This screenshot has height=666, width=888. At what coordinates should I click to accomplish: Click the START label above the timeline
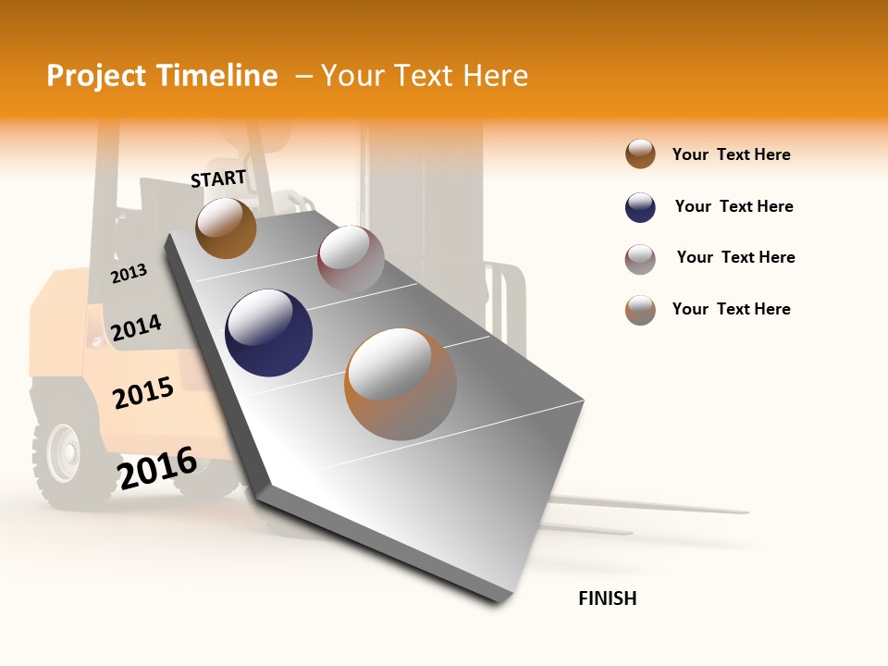pyautogui.click(x=218, y=178)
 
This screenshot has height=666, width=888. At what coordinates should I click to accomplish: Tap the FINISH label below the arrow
pyautogui.click(x=608, y=598)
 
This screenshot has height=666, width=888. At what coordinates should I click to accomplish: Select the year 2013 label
pyautogui.click(x=129, y=273)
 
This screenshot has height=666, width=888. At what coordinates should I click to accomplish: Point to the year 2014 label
pyautogui.click(x=137, y=327)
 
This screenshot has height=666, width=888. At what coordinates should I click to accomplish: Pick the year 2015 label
pyautogui.click(x=143, y=393)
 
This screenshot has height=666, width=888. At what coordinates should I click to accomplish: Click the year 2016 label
pyautogui.click(x=157, y=467)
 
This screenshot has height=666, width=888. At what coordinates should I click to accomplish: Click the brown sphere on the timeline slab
pyautogui.click(x=226, y=228)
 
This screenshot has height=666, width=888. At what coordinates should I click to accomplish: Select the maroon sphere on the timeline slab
pyautogui.click(x=351, y=259)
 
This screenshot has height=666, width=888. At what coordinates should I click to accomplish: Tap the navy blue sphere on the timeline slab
pyautogui.click(x=268, y=333)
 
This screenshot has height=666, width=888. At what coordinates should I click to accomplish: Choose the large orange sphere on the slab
pyautogui.click(x=401, y=384)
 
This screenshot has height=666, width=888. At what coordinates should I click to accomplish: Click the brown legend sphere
pyautogui.click(x=640, y=154)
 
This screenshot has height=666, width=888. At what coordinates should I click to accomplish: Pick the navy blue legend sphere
pyautogui.click(x=640, y=207)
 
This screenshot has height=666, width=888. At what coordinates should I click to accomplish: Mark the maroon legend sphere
pyautogui.click(x=640, y=259)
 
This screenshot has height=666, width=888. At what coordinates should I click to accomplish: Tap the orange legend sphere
pyautogui.click(x=640, y=310)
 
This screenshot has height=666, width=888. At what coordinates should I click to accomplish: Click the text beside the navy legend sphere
pyautogui.click(x=734, y=206)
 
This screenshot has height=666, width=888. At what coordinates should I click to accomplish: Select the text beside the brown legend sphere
pyautogui.click(x=731, y=154)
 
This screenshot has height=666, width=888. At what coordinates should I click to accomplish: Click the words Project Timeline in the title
pyautogui.click(x=162, y=76)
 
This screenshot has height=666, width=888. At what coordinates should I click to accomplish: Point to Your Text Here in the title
pyautogui.click(x=425, y=76)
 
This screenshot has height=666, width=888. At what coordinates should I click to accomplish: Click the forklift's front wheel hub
pyautogui.click(x=64, y=454)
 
